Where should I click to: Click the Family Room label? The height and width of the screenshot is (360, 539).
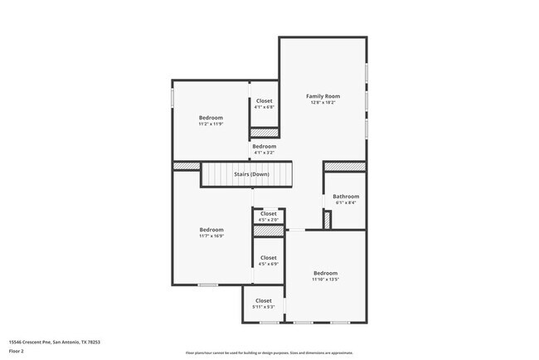[x=323, y=96]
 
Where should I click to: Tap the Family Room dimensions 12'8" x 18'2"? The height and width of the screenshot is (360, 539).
[x=323, y=103]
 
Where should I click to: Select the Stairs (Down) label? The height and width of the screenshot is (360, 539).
[x=250, y=174]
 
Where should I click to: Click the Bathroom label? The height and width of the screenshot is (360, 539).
[x=346, y=196]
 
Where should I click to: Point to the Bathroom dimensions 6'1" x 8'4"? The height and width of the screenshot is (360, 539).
[x=346, y=202]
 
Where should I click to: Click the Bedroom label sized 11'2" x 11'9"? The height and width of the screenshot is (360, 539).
[x=211, y=118]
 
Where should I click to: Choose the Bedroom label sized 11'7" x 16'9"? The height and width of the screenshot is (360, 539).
[x=211, y=229]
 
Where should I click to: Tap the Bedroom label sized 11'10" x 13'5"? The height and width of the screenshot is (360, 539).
[x=325, y=273]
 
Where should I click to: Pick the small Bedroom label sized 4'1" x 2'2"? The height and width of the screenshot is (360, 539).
[x=264, y=146]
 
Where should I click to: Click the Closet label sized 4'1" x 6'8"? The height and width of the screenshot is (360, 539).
[x=264, y=100]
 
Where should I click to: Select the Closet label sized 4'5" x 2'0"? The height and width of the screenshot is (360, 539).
[x=268, y=213]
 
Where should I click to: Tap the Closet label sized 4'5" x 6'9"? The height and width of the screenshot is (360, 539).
[x=268, y=258]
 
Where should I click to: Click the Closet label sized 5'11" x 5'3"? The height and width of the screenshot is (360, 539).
[x=263, y=300]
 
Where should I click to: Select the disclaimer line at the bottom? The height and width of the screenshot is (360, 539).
[x=269, y=353]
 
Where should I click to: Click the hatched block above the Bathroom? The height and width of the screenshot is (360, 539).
[x=343, y=167]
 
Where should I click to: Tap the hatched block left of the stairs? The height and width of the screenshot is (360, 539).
[x=187, y=167]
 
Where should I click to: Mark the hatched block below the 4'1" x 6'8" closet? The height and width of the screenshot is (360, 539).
[x=265, y=132]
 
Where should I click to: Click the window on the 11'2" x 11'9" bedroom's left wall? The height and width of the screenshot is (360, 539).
[x=172, y=97]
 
